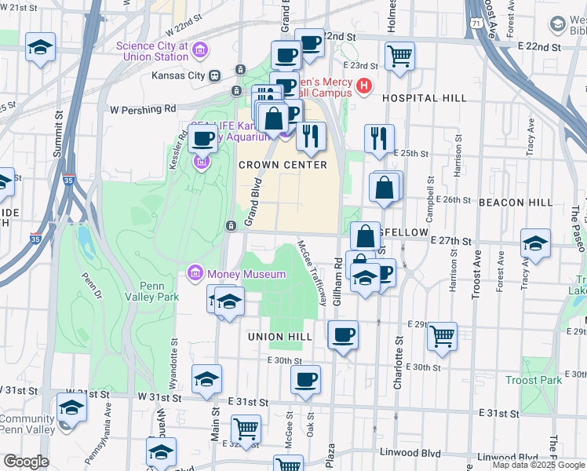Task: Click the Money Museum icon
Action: pos(195,274)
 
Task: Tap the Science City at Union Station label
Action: pos(152,51)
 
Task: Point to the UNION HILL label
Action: pos(280,337)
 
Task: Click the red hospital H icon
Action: pos(363,86)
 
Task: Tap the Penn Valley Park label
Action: pos(149,291)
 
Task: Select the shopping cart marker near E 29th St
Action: pos(443,336)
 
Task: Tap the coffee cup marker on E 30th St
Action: pos(306,380)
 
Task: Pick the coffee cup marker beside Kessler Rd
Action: pos(203,139)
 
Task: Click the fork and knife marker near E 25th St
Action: pos(380,138)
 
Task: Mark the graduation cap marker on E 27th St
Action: pos(536,243)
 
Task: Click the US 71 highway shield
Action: pos(476,25)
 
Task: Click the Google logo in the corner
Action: pos(25,462)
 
